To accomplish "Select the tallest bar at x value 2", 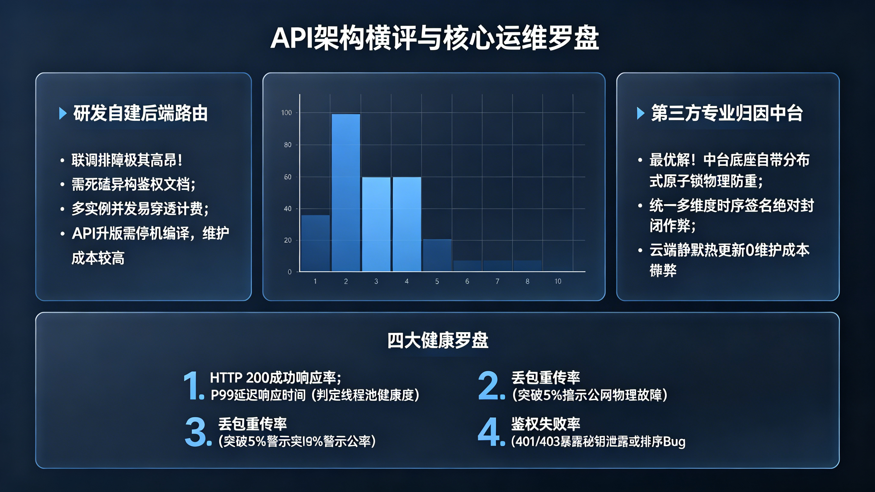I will pyautogui.click(x=346, y=192).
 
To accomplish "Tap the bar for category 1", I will pyautogui.click(x=315, y=243).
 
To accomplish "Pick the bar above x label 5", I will pyautogui.click(x=437, y=255).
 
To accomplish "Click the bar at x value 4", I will pyautogui.click(x=407, y=224).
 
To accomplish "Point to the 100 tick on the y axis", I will pyautogui.click(x=286, y=113).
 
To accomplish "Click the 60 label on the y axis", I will pyautogui.click(x=287, y=177).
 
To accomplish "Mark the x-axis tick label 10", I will pyautogui.click(x=558, y=281).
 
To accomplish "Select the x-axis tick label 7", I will pyautogui.click(x=497, y=281).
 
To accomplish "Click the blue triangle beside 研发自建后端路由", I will pyautogui.click(x=63, y=113).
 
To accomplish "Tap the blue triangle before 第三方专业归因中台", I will pyautogui.click(x=640, y=113).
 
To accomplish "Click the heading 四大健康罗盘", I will pyautogui.click(x=438, y=340).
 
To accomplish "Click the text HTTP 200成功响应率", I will pyautogui.click(x=275, y=378).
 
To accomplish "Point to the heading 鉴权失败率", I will pyautogui.click(x=546, y=424).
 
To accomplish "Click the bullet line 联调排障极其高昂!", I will pyautogui.click(x=127, y=160).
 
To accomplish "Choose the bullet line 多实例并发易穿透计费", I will pyautogui.click(x=140, y=209).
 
